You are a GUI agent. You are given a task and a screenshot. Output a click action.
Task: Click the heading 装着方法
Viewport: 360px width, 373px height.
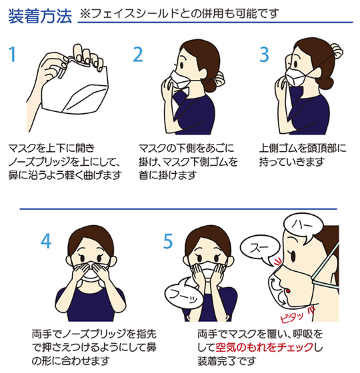click(40, 16)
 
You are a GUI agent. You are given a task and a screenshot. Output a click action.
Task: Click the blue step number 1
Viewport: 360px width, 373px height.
click(13, 54)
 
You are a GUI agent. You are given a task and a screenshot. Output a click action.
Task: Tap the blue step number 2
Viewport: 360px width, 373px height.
click(138, 54)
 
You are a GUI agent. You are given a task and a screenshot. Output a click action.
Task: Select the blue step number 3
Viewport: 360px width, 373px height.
click(264, 54)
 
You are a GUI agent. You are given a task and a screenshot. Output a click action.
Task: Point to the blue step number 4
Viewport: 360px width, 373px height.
click(46, 241)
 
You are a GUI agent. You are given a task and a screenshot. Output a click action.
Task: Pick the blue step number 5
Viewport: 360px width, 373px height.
click(168, 241)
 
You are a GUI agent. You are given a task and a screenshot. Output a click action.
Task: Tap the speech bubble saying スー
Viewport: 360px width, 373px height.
click(261, 248)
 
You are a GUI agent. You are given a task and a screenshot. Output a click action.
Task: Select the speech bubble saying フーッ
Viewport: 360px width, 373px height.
click(185, 293)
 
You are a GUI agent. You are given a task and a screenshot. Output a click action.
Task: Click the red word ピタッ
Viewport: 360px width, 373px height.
click(292, 317)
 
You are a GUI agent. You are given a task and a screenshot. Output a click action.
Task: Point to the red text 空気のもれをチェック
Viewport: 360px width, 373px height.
click(264, 347)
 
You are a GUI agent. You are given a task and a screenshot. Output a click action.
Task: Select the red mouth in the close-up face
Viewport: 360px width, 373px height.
click(288, 290)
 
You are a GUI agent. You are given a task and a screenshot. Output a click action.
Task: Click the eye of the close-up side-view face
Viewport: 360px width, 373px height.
click(293, 256)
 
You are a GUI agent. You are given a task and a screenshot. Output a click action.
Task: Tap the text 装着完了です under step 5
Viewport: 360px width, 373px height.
click(227, 361)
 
